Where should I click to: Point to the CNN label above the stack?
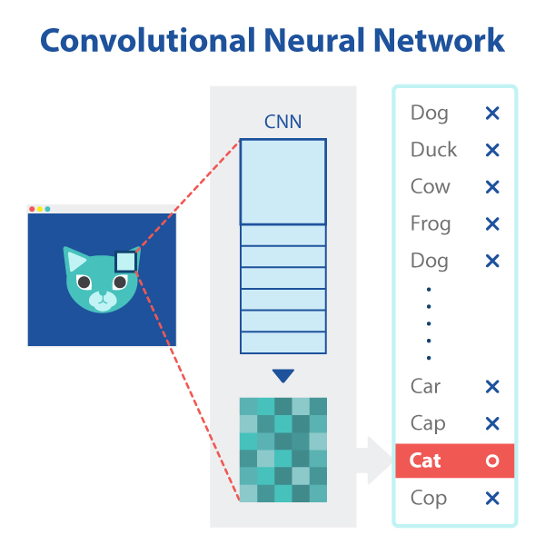click(282, 123)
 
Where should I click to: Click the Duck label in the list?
click(433, 150)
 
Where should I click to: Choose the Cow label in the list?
click(430, 187)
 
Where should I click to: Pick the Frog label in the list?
click(430, 224)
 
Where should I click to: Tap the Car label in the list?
click(425, 387)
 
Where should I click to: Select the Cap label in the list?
click(427, 424)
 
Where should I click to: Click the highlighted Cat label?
click(425, 461)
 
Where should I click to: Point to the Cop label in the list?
click(427, 498)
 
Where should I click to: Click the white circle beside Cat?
click(492, 461)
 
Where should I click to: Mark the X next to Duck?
click(492, 151)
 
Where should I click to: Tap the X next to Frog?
click(492, 224)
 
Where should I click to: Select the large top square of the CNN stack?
click(282, 182)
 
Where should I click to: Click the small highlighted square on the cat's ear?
click(125, 263)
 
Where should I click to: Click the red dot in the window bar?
click(33, 209)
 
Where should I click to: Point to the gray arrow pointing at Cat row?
click(372, 461)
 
